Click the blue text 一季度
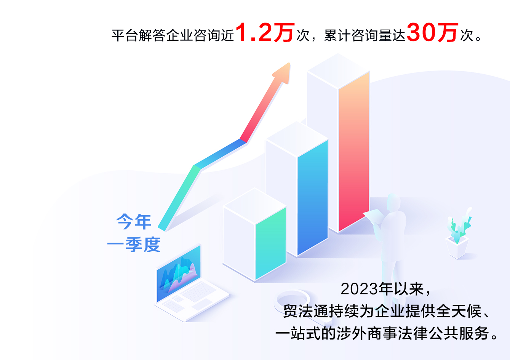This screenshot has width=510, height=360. pyautogui.click(x=134, y=244)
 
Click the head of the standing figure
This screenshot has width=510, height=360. pyautogui.click(x=393, y=202)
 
